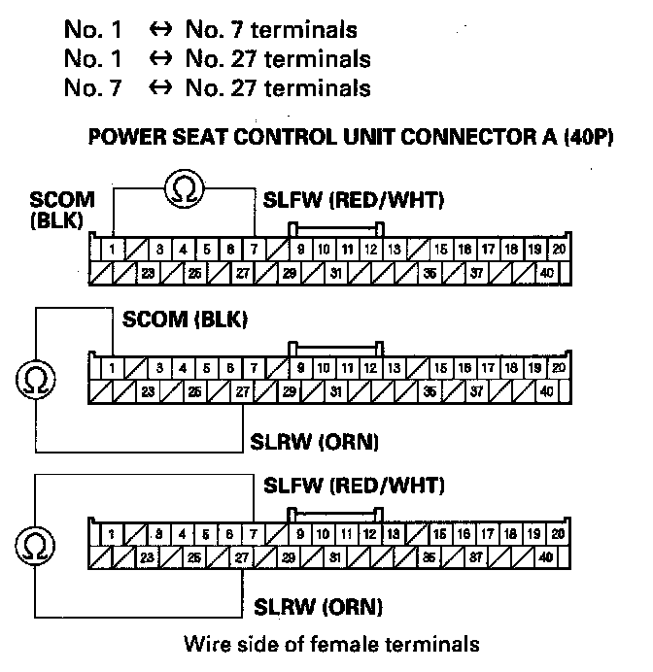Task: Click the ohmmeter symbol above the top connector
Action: tap(184, 188)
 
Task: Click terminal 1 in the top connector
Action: tap(113, 250)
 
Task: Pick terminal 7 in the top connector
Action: tap(255, 250)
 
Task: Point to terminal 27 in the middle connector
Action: tap(242, 392)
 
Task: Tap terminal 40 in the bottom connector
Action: tap(547, 557)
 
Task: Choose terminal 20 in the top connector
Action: tap(558, 250)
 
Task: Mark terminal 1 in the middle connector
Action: tap(113, 369)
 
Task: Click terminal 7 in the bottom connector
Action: tap(255, 534)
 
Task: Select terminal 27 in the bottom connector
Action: tap(242, 557)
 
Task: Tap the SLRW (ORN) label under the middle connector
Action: tap(315, 442)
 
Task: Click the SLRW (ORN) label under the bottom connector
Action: tap(318, 608)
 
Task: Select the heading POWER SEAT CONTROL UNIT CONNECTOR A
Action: tap(352, 136)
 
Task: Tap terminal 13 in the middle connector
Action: tap(395, 369)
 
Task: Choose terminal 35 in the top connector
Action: tap(430, 273)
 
